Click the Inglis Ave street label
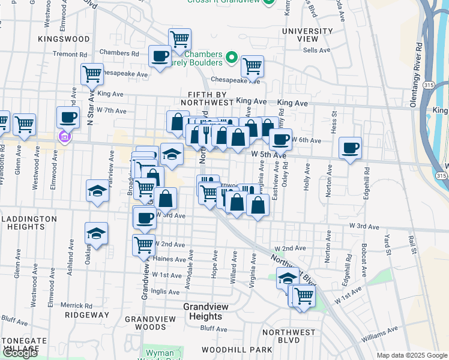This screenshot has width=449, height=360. tap(166, 292)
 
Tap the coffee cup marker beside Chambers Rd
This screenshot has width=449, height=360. tap(160, 56)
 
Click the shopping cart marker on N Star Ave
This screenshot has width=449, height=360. tap(92, 74)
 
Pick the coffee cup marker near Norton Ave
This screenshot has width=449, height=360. tap(350, 148)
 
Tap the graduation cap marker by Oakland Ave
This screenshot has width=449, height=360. tap(96, 233)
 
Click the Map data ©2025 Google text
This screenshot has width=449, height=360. tap(412, 355)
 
